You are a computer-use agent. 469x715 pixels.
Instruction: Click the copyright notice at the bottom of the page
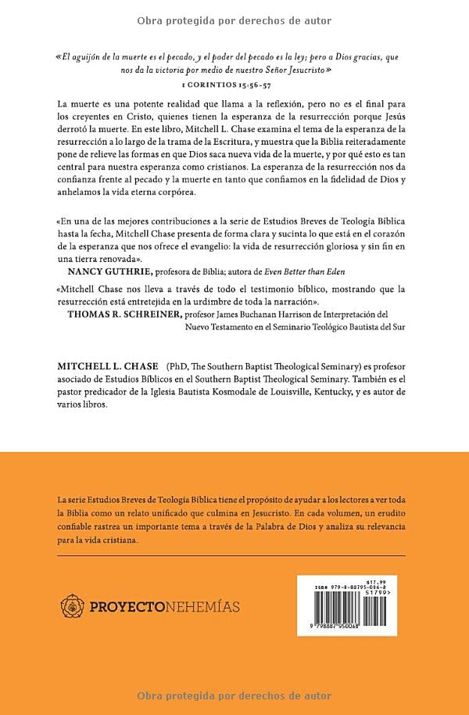coord(234,696)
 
